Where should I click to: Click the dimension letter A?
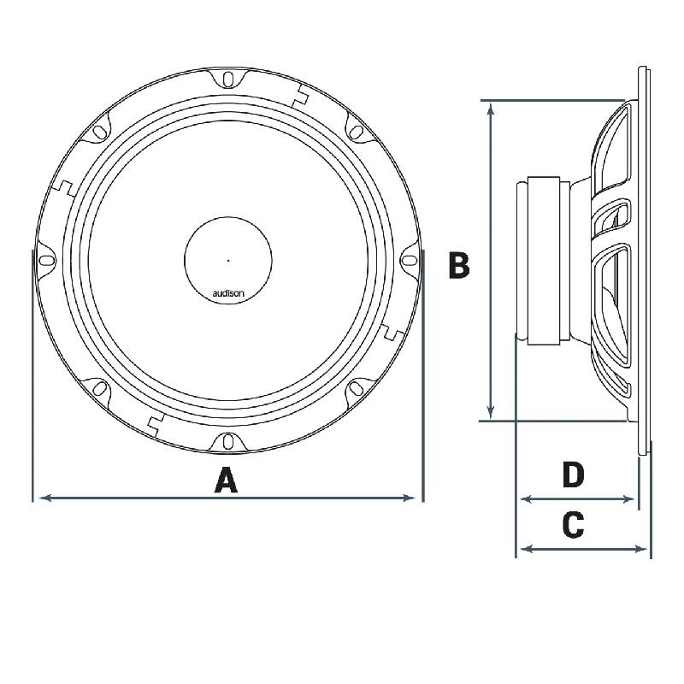pyautogui.click(x=225, y=481)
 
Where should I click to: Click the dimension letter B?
pyautogui.click(x=459, y=266)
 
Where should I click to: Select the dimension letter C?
pyautogui.click(x=573, y=524)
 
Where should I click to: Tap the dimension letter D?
pyautogui.click(x=573, y=475)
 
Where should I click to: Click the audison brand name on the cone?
pyautogui.click(x=228, y=293)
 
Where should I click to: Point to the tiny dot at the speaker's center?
pyautogui.click(x=228, y=259)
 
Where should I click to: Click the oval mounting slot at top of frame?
pyautogui.click(x=228, y=79)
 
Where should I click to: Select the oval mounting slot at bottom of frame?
pyautogui.click(x=228, y=442)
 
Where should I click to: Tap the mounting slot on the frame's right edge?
pyautogui.click(x=410, y=260)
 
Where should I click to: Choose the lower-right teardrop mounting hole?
pyautogui.click(x=357, y=390)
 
